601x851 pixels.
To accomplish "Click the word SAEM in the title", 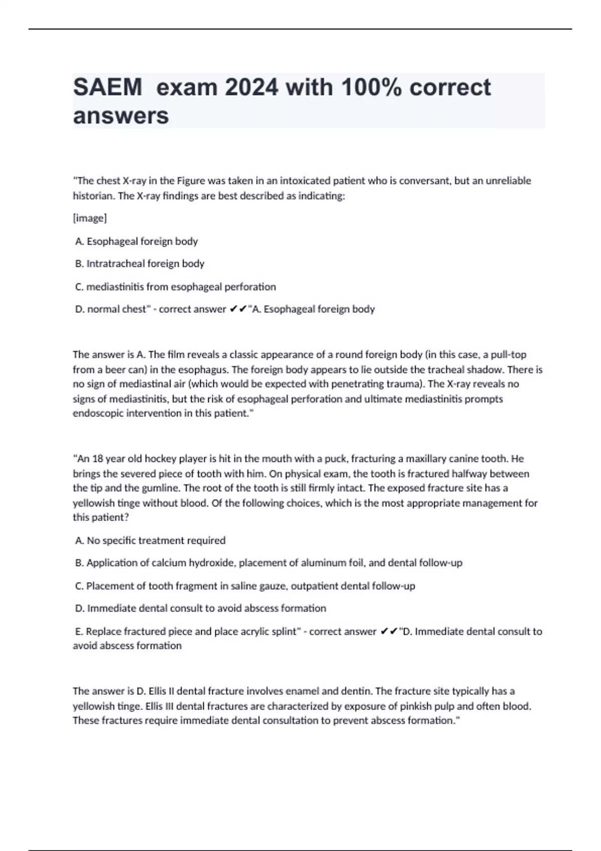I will click(x=108, y=88).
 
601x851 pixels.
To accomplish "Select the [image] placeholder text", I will click(x=90, y=218).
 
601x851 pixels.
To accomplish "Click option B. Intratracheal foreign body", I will click(x=140, y=264).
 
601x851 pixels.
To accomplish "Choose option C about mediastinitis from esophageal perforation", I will click(x=175, y=287).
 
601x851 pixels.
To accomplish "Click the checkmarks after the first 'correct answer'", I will click(x=238, y=309).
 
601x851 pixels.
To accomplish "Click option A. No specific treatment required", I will click(x=150, y=541).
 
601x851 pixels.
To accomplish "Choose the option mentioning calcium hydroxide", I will click(x=268, y=563).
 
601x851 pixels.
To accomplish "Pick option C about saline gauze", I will click(x=245, y=586).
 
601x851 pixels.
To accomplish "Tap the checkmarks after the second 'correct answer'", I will click(x=389, y=632).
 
